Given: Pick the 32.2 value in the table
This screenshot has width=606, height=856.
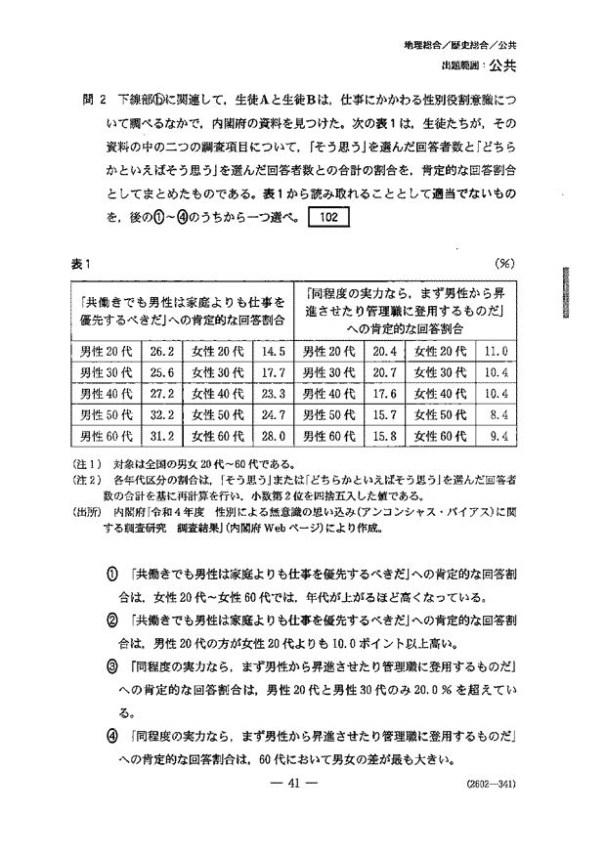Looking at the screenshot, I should pyautogui.click(x=161, y=415).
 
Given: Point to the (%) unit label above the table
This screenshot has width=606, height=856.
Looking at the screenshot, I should pyautogui.click(x=506, y=264).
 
